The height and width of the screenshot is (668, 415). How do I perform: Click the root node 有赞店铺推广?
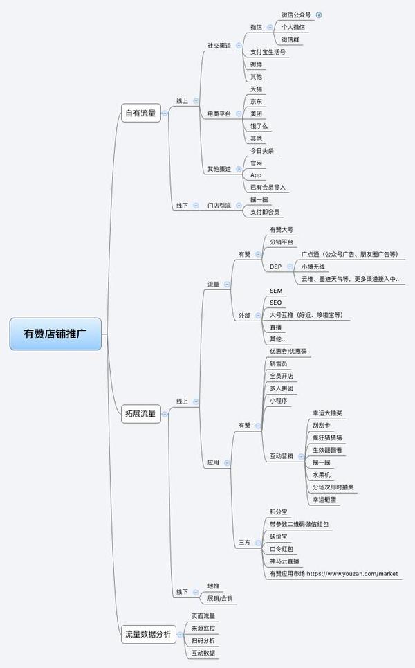point(55,334)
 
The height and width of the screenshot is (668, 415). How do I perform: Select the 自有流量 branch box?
point(140,113)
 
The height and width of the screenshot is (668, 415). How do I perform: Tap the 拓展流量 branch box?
point(140,414)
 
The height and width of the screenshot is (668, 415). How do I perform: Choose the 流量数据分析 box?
point(147,633)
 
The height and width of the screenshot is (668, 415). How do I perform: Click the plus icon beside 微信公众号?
point(319,15)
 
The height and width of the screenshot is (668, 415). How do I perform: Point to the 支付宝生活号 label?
point(268,52)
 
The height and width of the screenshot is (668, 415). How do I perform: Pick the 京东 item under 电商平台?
point(256,101)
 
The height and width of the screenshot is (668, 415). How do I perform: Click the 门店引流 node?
point(219,206)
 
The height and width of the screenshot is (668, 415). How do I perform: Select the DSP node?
point(275,267)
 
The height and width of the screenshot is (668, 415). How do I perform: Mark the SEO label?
point(275,303)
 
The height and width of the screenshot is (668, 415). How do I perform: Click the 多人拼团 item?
point(282,388)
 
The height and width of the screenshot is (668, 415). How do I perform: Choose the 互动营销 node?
point(282,456)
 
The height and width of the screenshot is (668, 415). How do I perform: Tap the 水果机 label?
point(322,475)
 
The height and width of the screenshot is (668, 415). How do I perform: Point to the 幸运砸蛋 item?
point(326,499)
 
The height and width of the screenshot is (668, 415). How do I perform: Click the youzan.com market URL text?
point(352,574)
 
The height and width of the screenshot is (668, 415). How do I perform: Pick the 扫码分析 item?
point(203,640)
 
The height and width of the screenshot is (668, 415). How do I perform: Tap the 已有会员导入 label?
point(268,188)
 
